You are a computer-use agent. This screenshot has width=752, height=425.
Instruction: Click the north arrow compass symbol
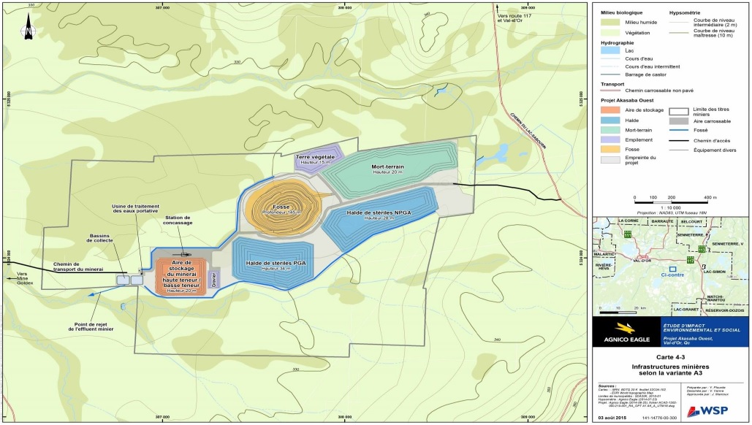pos(26,31)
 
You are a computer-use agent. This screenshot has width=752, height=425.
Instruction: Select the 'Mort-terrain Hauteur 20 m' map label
pos(387,169)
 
